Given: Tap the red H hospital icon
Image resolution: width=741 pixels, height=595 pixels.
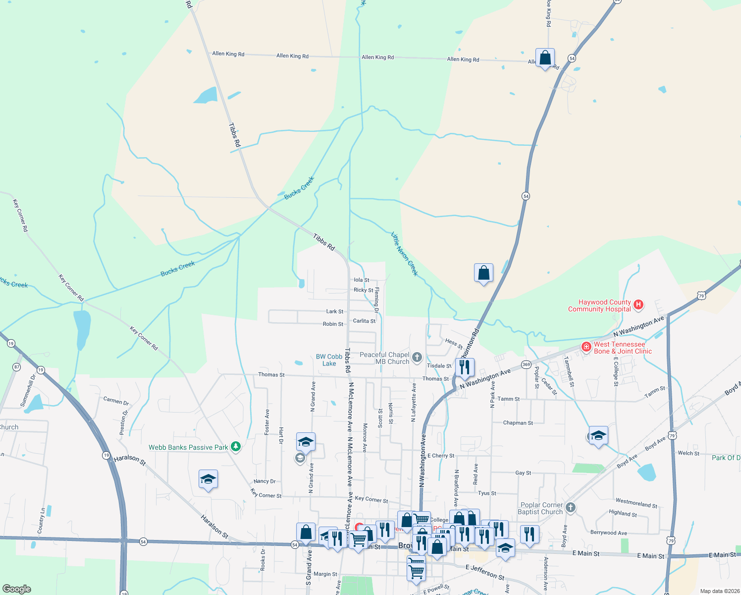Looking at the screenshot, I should coord(638,304).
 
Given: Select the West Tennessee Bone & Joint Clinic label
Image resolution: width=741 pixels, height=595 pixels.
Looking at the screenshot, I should coord(623,348).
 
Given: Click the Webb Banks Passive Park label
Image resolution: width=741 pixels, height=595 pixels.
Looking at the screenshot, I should coord(188,447).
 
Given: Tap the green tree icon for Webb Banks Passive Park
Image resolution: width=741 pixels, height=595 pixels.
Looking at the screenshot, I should coord(236,447).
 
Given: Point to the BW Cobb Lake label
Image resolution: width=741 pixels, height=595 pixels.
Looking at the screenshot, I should coord(329,360).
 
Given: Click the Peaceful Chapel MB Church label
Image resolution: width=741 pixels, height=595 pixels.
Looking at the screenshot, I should coord(385,358).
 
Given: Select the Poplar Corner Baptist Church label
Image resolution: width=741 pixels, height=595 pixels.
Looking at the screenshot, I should coord(540,508).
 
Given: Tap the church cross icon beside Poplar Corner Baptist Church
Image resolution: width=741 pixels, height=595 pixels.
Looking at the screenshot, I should coord(571,507).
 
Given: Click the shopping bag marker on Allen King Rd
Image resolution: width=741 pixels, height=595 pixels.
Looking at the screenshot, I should coord(545,58).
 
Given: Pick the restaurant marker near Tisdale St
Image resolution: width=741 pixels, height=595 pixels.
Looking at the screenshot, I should coord(464,367).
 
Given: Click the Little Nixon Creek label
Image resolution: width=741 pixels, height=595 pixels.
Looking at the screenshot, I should coord(405,254).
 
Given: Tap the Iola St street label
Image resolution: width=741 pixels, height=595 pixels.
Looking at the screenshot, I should coord(362,280).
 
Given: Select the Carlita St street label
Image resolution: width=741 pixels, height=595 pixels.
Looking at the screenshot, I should coord(364,321).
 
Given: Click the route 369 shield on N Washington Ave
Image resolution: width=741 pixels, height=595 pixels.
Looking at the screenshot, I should coord(526,364).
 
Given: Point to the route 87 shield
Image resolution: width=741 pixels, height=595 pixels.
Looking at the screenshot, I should coord(17,367).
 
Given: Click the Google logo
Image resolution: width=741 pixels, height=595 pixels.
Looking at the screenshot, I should coord(17,589).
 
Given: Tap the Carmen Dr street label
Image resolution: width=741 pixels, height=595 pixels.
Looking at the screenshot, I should coord(116,401).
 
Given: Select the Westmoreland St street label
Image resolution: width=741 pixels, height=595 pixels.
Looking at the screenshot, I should coord(636,503).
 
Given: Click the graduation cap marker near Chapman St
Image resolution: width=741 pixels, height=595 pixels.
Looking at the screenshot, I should coord(598,435).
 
